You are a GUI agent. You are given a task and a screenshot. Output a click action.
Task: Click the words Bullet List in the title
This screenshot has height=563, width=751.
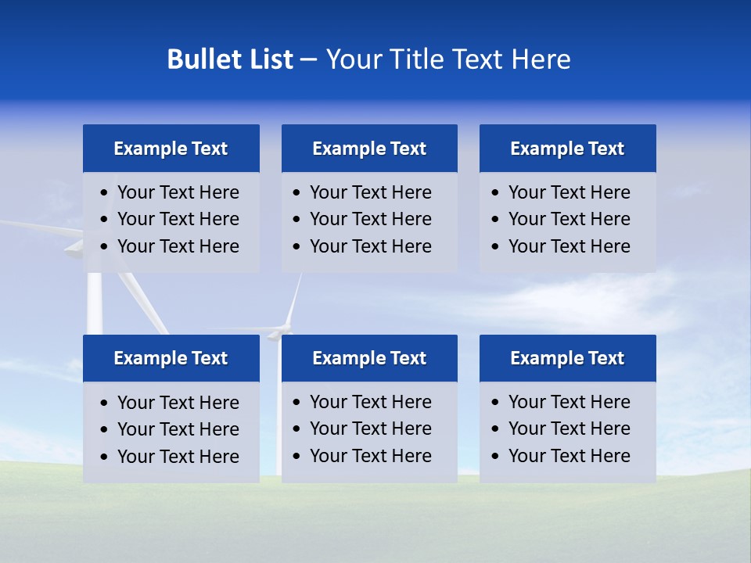(x=230, y=59)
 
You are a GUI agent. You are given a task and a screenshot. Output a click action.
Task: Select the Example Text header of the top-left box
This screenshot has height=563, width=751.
(x=171, y=149)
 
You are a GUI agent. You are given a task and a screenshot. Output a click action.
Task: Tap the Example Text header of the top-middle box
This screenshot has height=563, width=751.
(x=369, y=149)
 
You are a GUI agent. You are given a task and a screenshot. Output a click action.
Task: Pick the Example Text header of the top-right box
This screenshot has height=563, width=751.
(x=567, y=149)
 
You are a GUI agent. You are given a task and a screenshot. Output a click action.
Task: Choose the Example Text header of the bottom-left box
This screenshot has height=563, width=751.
(x=171, y=358)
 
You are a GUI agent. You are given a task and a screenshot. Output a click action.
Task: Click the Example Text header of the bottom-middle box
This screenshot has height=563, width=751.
(x=369, y=358)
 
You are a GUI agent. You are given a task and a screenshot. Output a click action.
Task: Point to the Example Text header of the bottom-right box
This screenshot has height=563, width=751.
(x=567, y=358)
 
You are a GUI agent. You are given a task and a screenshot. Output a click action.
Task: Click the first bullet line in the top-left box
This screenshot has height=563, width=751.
(x=178, y=192)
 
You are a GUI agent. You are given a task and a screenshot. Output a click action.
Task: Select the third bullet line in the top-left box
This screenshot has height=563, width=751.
(x=178, y=246)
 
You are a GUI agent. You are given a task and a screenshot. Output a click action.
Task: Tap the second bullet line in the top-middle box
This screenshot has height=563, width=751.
(x=370, y=219)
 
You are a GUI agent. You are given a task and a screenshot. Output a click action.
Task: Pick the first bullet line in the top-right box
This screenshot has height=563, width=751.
(x=569, y=192)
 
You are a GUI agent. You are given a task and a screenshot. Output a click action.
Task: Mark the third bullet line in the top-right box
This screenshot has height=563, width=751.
(x=569, y=246)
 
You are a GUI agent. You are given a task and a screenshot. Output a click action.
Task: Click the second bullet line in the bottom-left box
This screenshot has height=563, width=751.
(x=178, y=429)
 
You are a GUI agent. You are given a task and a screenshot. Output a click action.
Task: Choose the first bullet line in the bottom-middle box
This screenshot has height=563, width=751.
(x=370, y=402)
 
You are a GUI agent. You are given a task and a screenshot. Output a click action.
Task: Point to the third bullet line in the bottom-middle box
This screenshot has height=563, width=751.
(x=370, y=456)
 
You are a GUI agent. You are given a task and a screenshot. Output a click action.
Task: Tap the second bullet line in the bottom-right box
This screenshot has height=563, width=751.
(x=569, y=429)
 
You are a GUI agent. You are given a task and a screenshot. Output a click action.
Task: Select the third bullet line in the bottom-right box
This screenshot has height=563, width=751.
(x=569, y=456)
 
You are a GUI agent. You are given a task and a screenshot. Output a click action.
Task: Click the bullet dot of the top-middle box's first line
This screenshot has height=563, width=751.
(x=296, y=193)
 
